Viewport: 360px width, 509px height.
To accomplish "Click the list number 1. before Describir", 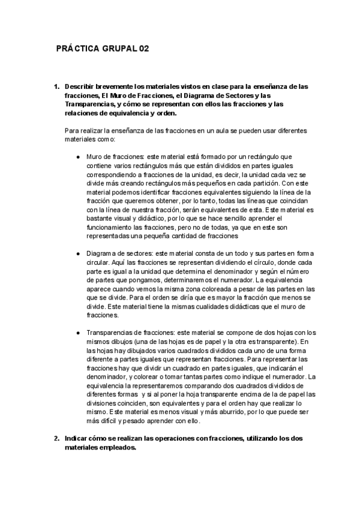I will coord(56,86).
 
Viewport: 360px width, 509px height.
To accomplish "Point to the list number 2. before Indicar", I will coord(56,438).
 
